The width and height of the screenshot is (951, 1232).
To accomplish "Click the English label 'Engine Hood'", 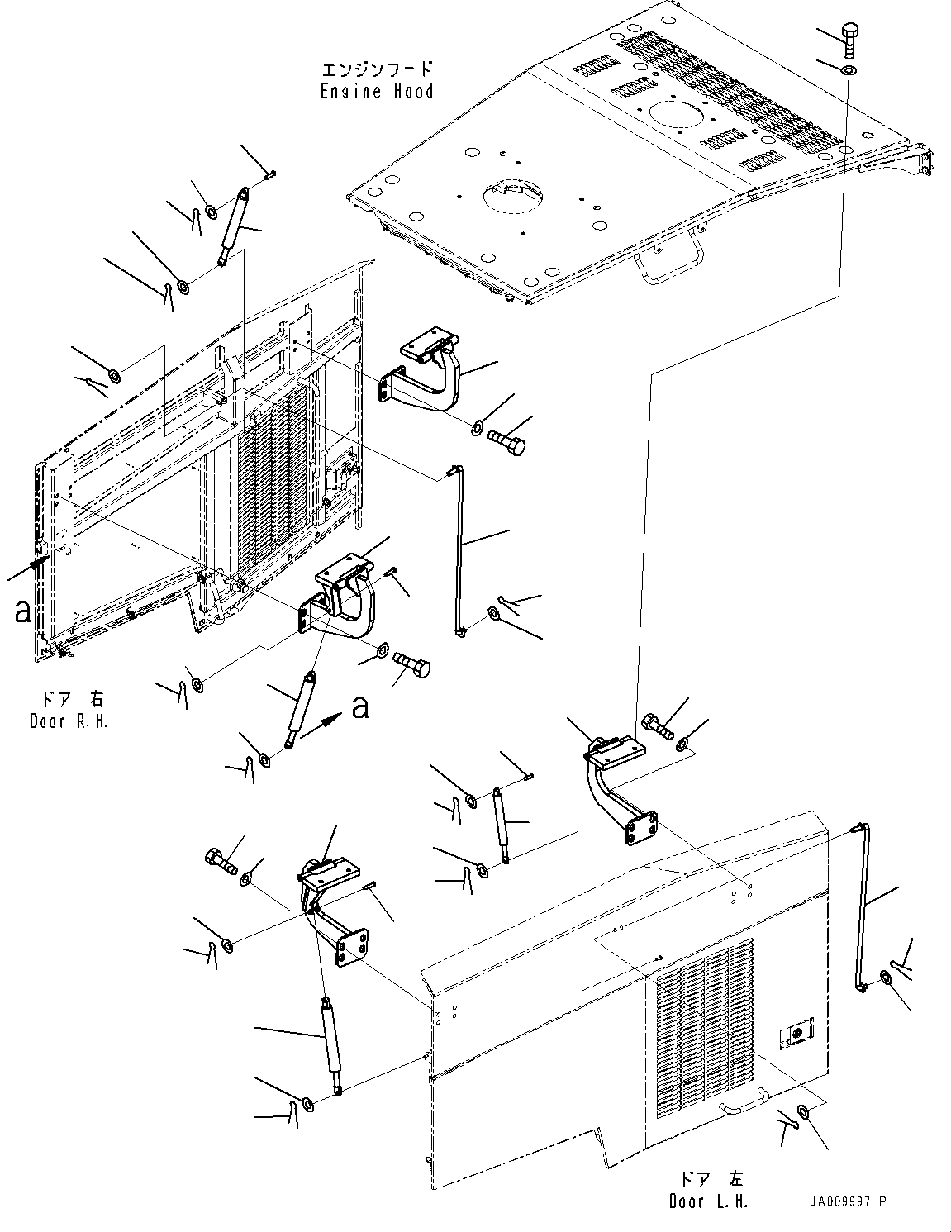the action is [x=377, y=91].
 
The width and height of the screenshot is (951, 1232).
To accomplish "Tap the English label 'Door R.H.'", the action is [x=69, y=721].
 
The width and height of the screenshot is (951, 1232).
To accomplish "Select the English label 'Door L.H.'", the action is [x=708, y=1201].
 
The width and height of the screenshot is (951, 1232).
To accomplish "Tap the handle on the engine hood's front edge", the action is [x=669, y=266].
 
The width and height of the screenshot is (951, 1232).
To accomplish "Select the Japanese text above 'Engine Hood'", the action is [x=377, y=69].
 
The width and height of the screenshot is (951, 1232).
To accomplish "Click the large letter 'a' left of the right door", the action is [x=23, y=611].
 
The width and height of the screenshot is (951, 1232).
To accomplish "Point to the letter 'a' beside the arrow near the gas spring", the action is [x=360, y=706].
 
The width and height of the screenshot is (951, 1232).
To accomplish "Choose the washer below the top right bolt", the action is [x=849, y=70].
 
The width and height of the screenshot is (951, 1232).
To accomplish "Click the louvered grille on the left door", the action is [x=706, y=1028].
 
